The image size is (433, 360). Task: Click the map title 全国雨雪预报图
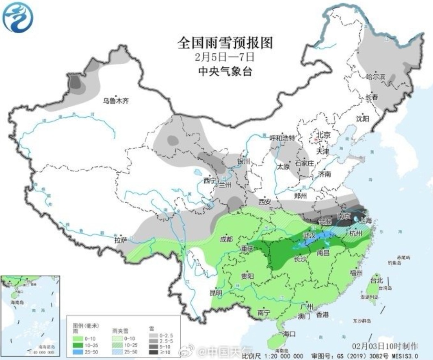tap(225, 42)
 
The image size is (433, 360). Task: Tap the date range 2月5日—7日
tap(225, 57)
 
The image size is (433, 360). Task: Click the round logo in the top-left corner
tap(17, 17)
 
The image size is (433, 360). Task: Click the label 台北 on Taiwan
tap(376, 280)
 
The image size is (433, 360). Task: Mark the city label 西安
tap(264, 201)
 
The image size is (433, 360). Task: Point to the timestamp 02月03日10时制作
tap(390, 346)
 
